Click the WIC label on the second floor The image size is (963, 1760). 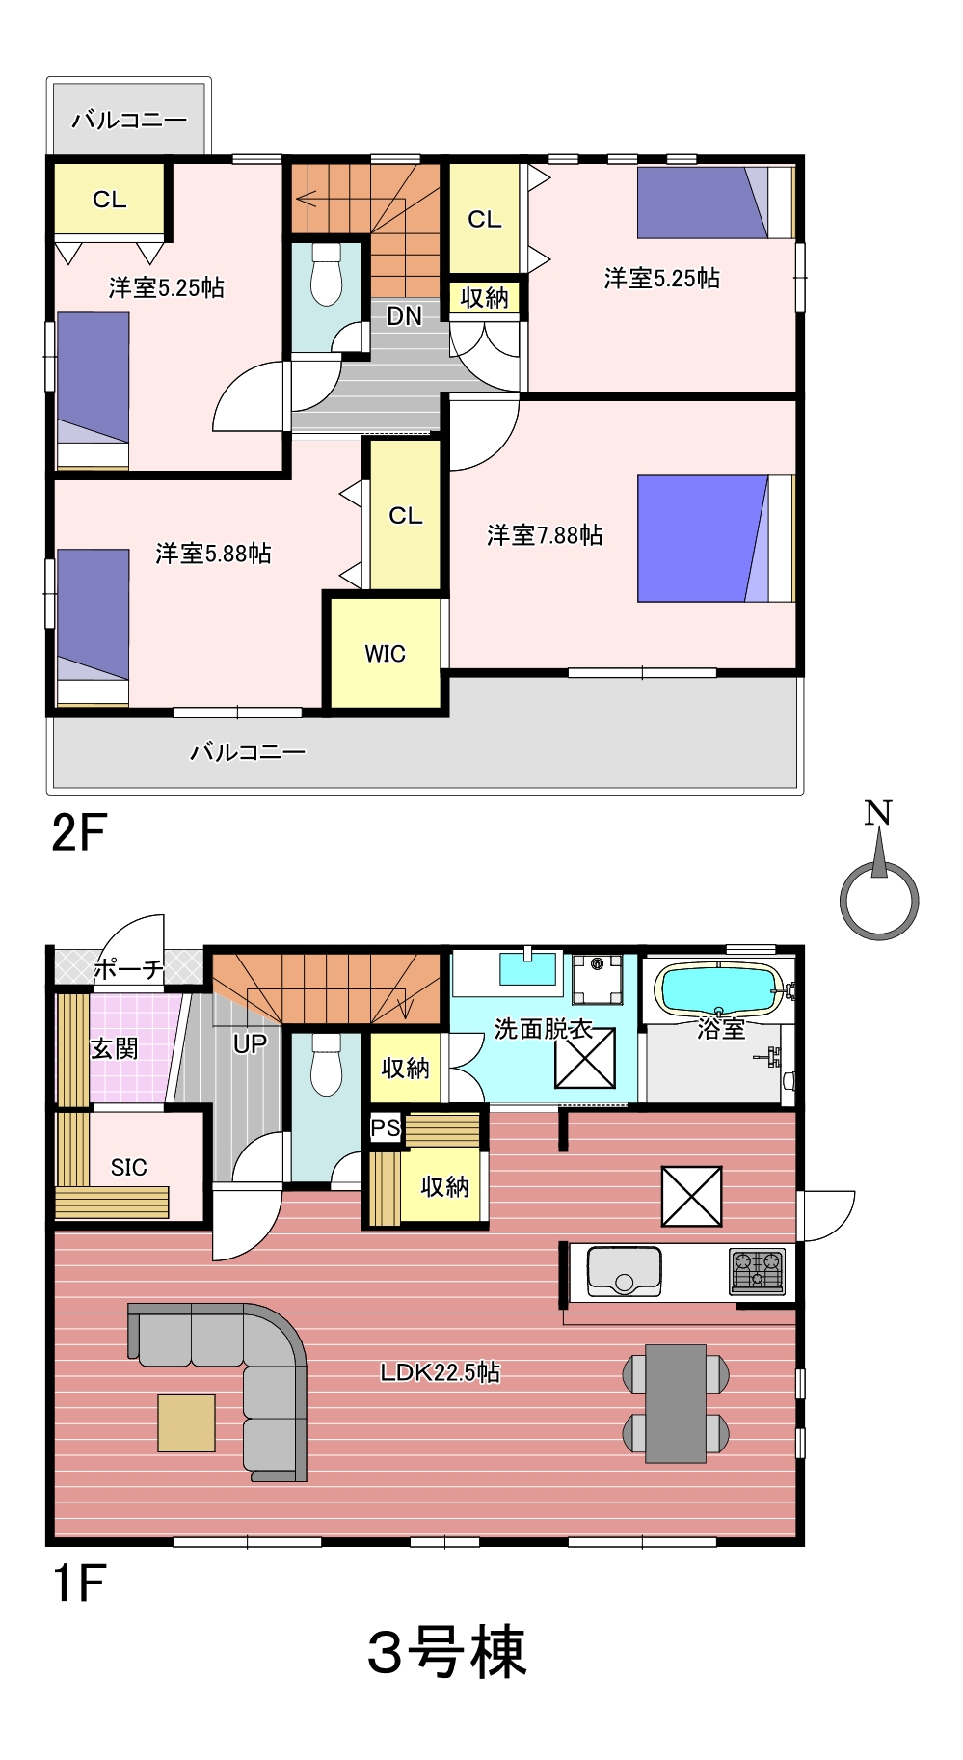click(385, 654)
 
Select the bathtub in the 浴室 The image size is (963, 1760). click(718, 989)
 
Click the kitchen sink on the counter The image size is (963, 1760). click(624, 1271)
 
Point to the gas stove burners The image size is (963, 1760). click(758, 1270)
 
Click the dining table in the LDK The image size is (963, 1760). click(676, 1403)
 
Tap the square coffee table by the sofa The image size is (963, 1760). click(186, 1423)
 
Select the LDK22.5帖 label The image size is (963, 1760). click(440, 1371)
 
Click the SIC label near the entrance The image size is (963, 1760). click(128, 1168)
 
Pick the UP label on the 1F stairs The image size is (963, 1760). click(250, 1043)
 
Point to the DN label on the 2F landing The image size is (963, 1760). click(404, 315)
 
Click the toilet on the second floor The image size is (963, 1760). click(327, 274)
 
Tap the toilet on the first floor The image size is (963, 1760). click(327, 1064)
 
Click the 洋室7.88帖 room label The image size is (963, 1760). click(545, 535)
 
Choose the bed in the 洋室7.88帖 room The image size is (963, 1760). click(715, 538)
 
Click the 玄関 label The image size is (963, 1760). click(115, 1048)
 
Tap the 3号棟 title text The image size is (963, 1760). click(447, 1652)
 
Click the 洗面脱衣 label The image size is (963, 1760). click(543, 1029)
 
